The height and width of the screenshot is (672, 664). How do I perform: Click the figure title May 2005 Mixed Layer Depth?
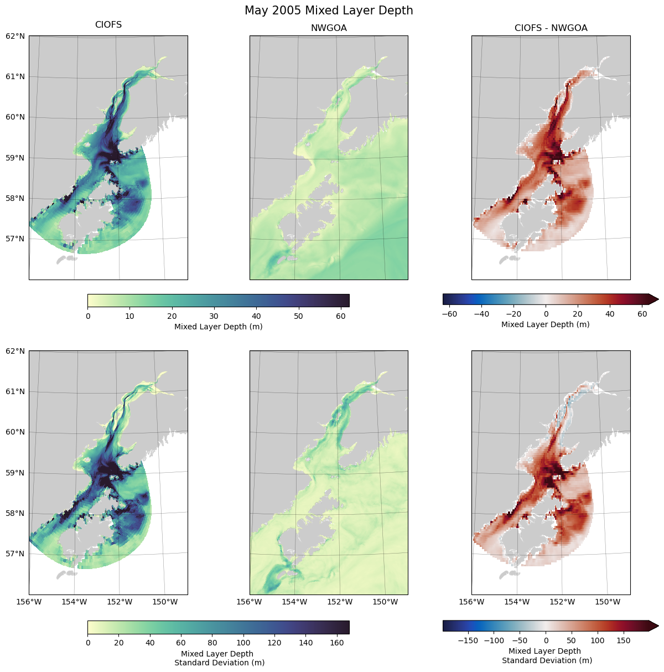coord(329,11)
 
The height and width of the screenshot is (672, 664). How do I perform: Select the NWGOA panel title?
coord(329,28)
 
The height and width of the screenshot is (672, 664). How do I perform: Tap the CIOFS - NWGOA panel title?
coord(551,28)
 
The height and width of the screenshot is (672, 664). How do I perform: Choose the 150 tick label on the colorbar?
coord(624,640)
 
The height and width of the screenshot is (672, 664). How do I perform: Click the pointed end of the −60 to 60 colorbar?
coord(653,299)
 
